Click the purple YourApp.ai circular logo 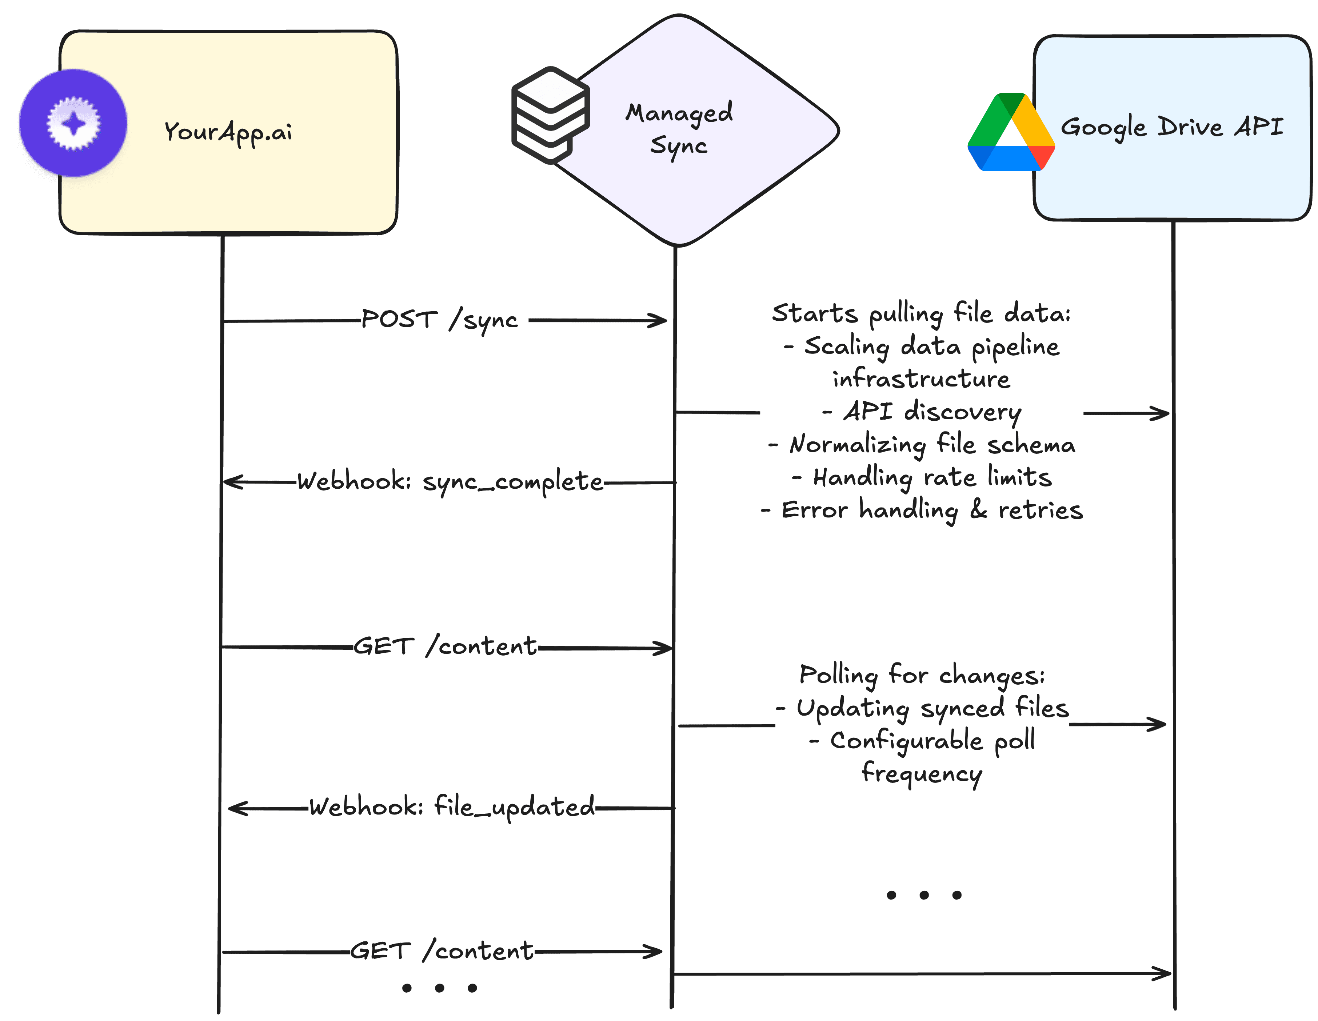[73, 123]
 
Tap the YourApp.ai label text [228, 132]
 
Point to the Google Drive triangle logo [1010, 133]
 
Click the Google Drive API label [1171, 127]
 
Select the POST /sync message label [439, 320]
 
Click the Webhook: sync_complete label [450, 481]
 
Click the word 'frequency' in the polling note [922, 773]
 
